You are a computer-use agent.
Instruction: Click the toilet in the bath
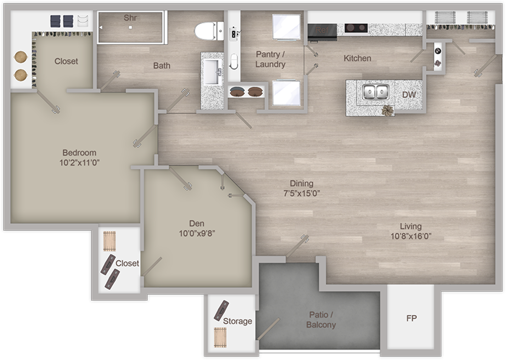click(x=208, y=30)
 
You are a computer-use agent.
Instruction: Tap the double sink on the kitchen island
click(x=375, y=92)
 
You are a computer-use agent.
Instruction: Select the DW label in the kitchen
click(x=409, y=94)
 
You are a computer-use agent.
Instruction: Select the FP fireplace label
click(x=411, y=319)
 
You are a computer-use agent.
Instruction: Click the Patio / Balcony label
click(x=320, y=320)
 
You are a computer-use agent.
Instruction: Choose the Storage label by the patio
click(x=237, y=321)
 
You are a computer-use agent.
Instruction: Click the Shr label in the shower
click(x=130, y=18)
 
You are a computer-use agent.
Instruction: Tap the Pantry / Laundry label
click(x=270, y=59)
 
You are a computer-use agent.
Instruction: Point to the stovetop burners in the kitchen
click(x=356, y=28)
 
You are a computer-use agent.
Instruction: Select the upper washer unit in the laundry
click(x=286, y=26)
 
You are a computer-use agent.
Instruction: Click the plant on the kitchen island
click(x=388, y=110)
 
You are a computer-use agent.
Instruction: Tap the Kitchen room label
click(x=357, y=58)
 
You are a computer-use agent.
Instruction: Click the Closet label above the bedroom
click(x=66, y=61)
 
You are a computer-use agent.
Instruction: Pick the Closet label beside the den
click(x=127, y=263)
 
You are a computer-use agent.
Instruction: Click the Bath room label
click(x=161, y=65)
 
